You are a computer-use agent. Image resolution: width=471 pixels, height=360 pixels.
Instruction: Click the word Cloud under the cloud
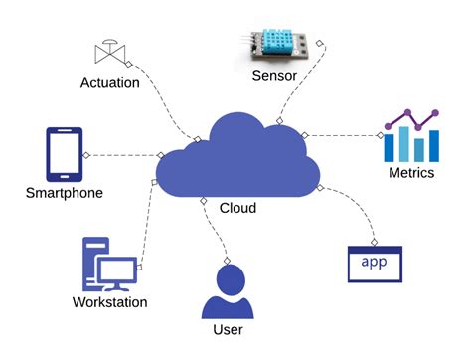(237, 208)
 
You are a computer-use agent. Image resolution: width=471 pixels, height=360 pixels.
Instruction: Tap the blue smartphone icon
(62, 155)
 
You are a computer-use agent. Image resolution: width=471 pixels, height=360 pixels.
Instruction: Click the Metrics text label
(410, 173)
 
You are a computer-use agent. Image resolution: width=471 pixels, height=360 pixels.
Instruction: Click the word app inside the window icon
(374, 262)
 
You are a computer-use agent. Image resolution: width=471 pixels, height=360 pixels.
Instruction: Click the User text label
(228, 329)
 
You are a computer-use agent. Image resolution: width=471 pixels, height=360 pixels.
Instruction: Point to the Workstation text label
(109, 302)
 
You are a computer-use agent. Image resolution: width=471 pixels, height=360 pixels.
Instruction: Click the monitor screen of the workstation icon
(117, 270)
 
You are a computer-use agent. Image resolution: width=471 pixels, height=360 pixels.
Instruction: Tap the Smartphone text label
(64, 193)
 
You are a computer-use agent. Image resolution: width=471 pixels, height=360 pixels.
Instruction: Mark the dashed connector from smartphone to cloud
(123, 155)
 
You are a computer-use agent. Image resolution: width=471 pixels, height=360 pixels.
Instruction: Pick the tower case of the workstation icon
(93, 261)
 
